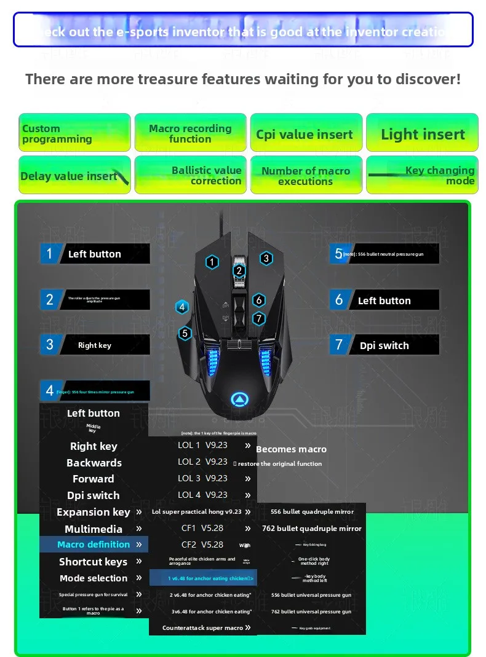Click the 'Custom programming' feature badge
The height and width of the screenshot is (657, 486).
(74, 133)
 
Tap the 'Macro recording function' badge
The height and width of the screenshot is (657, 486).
(190, 133)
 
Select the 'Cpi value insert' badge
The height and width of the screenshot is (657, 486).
(305, 134)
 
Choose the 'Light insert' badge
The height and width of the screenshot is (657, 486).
(422, 134)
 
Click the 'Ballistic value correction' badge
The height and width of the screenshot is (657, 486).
(190, 175)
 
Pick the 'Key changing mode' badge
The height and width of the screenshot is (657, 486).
(422, 175)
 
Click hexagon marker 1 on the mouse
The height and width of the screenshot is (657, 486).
(212, 262)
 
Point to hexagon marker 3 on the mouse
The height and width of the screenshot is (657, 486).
(266, 258)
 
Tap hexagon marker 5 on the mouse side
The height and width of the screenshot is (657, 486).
(185, 333)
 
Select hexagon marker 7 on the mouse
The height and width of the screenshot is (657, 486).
(259, 318)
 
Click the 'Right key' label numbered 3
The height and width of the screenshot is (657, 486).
(95, 345)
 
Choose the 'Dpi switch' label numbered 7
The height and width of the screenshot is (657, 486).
(384, 345)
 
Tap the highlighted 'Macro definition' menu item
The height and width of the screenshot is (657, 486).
(94, 545)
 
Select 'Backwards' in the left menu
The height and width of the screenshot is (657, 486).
(94, 463)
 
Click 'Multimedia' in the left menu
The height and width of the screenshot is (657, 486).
(94, 529)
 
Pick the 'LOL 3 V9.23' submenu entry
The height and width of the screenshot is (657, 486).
(202, 478)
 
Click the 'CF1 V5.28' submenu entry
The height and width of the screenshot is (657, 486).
(202, 528)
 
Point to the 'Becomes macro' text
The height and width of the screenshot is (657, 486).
(291, 449)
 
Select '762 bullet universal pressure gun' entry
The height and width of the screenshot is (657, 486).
(311, 612)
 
